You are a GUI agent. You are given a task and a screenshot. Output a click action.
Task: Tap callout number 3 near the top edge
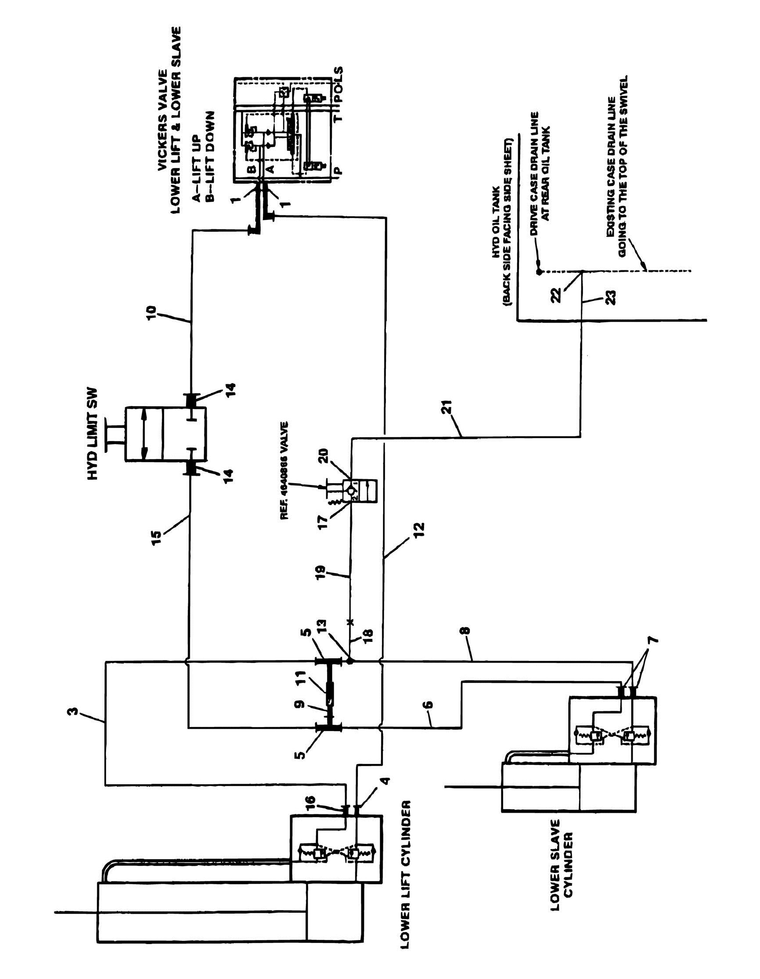click(76, 710)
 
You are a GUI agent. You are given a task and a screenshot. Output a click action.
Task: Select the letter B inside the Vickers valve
click(252, 169)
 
